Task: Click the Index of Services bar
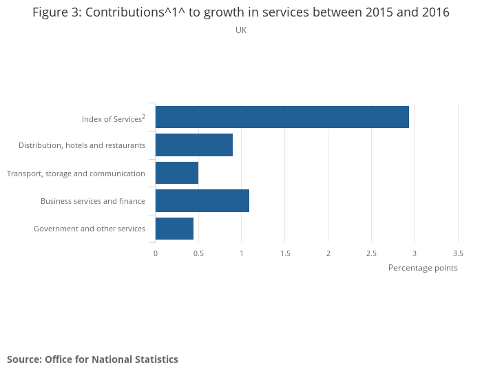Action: pyautogui.click(x=282, y=117)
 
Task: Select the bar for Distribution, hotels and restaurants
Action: pyautogui.click(x=194, y=145)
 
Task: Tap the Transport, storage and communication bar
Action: pyautogui.click(x=177, y=173)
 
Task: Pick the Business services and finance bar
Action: pyautogui.click(x=202, y=200)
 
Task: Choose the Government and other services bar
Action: pyautogui.click(x=174, y=228)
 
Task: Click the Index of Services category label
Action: pyautogui.click(x=113, y=119)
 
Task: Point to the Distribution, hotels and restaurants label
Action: pyautogui.click(x=81, y=145)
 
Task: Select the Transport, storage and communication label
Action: pyautogui.click(x=76, y=174)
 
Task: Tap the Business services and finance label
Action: pyautogui.click(x=92, y=201)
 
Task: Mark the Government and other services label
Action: pyautogui.click(x=89, y=229)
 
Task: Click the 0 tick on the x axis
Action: pyautogui.click(x=156, y=253)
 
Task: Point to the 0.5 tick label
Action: pyautogui.click(x=198, y=253)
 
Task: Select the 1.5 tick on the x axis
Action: pyautogui.click(x=285, y=253)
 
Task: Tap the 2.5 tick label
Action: pyautogui.click(x=371, y=253)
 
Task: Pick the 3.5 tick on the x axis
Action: pyautogui.click(x=458, y=253)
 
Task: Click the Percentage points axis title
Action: pyautogui.click(x=423, y=268)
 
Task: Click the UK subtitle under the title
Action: pyautogui.click(x=241, y=30)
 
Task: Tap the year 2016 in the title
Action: pyautogui.click(x=435, y=12)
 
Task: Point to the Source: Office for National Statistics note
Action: pyautogui.click(x=92, y=359)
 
